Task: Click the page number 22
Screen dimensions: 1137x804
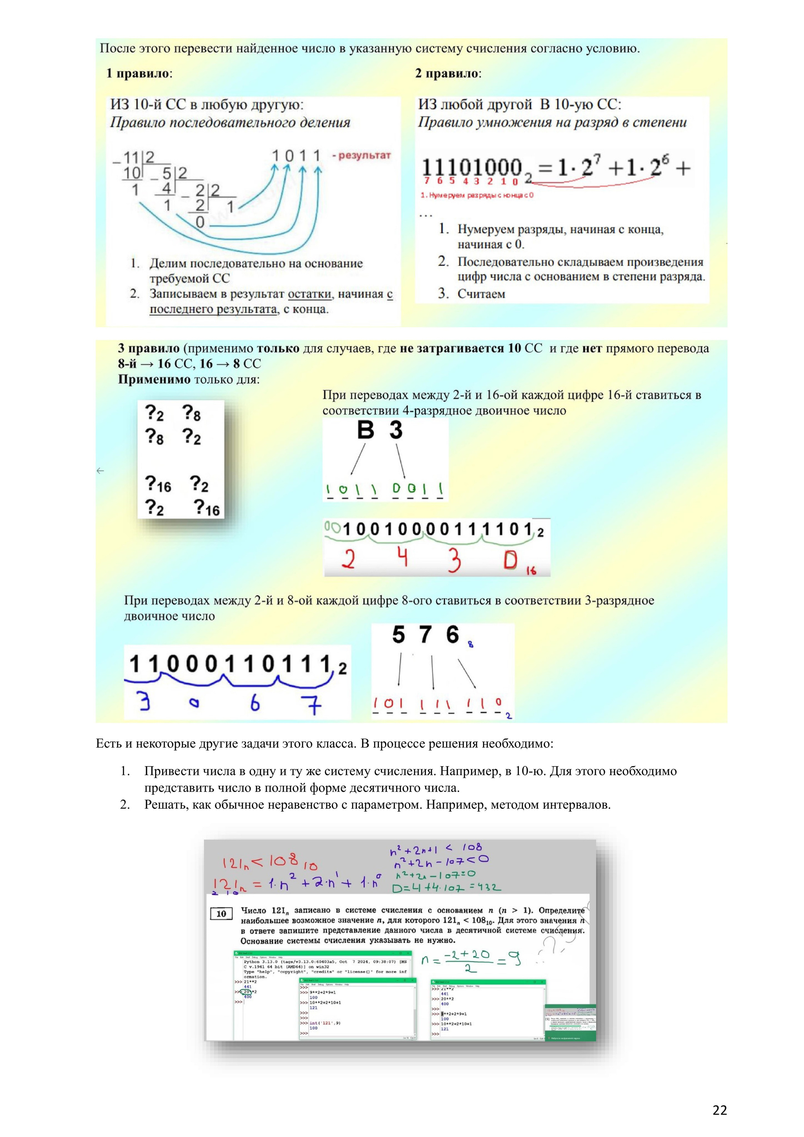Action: coord(719,1110)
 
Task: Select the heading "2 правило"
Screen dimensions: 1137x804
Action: coord(447,73)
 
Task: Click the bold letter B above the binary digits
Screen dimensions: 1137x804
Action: coord(366,430)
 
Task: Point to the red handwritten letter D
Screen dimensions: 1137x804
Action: coord(511,560)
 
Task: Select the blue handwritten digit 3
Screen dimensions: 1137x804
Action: coord(144,701)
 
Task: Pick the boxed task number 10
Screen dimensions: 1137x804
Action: coord(221,914)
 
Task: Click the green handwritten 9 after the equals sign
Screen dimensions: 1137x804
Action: coord(515,960)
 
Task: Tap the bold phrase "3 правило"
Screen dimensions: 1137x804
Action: coord(149,348)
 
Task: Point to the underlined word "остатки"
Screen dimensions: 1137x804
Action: coord(310,294)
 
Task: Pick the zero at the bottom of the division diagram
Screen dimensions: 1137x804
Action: coord(200,222)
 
